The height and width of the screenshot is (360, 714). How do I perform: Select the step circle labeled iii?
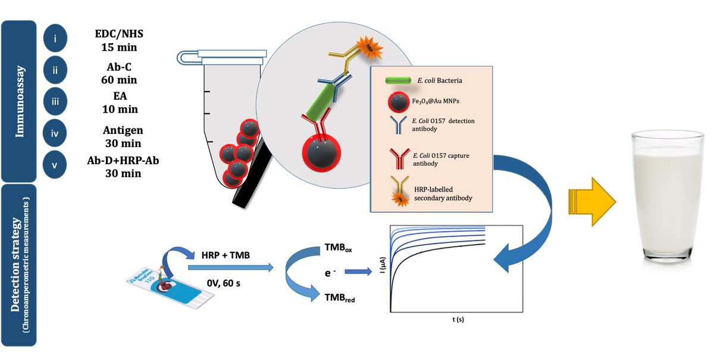(x=55, y=101)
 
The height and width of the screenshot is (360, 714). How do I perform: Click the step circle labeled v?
(x=55, y=165)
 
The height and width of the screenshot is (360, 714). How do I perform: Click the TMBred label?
(x=340, y=298)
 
